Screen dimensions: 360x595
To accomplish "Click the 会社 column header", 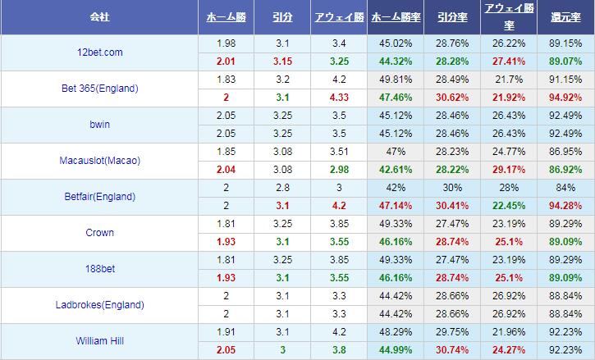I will coord(98,17).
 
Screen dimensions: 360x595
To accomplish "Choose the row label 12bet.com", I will coord(98,52).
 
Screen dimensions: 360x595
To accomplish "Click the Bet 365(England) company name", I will coord(98,88).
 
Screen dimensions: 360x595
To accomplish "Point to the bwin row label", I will coord(98,125).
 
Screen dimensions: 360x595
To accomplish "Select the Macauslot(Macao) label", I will coord(98,161).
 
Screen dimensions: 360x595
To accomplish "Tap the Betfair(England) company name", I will coord(98,197).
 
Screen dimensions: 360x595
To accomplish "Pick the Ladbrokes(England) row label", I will coord(98,305).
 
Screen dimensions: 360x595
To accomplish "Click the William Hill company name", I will coord(98,341).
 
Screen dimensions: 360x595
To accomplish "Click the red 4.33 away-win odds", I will coord(337,97).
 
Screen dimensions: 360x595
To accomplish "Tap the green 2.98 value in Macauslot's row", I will coord(337,169).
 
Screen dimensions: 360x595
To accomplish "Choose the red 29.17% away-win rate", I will coord(509,169).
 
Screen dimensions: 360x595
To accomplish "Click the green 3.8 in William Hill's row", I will coord(337,350).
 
